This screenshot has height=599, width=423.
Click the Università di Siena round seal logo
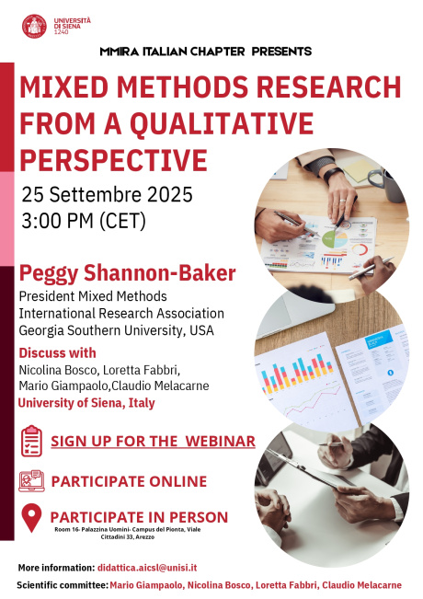tap(33, 26)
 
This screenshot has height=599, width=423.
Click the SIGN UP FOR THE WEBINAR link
tap(153, 442)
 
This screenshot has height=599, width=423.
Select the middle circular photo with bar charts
tap(331, 354)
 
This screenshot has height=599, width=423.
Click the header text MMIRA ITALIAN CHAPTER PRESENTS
tap(205, 52)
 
